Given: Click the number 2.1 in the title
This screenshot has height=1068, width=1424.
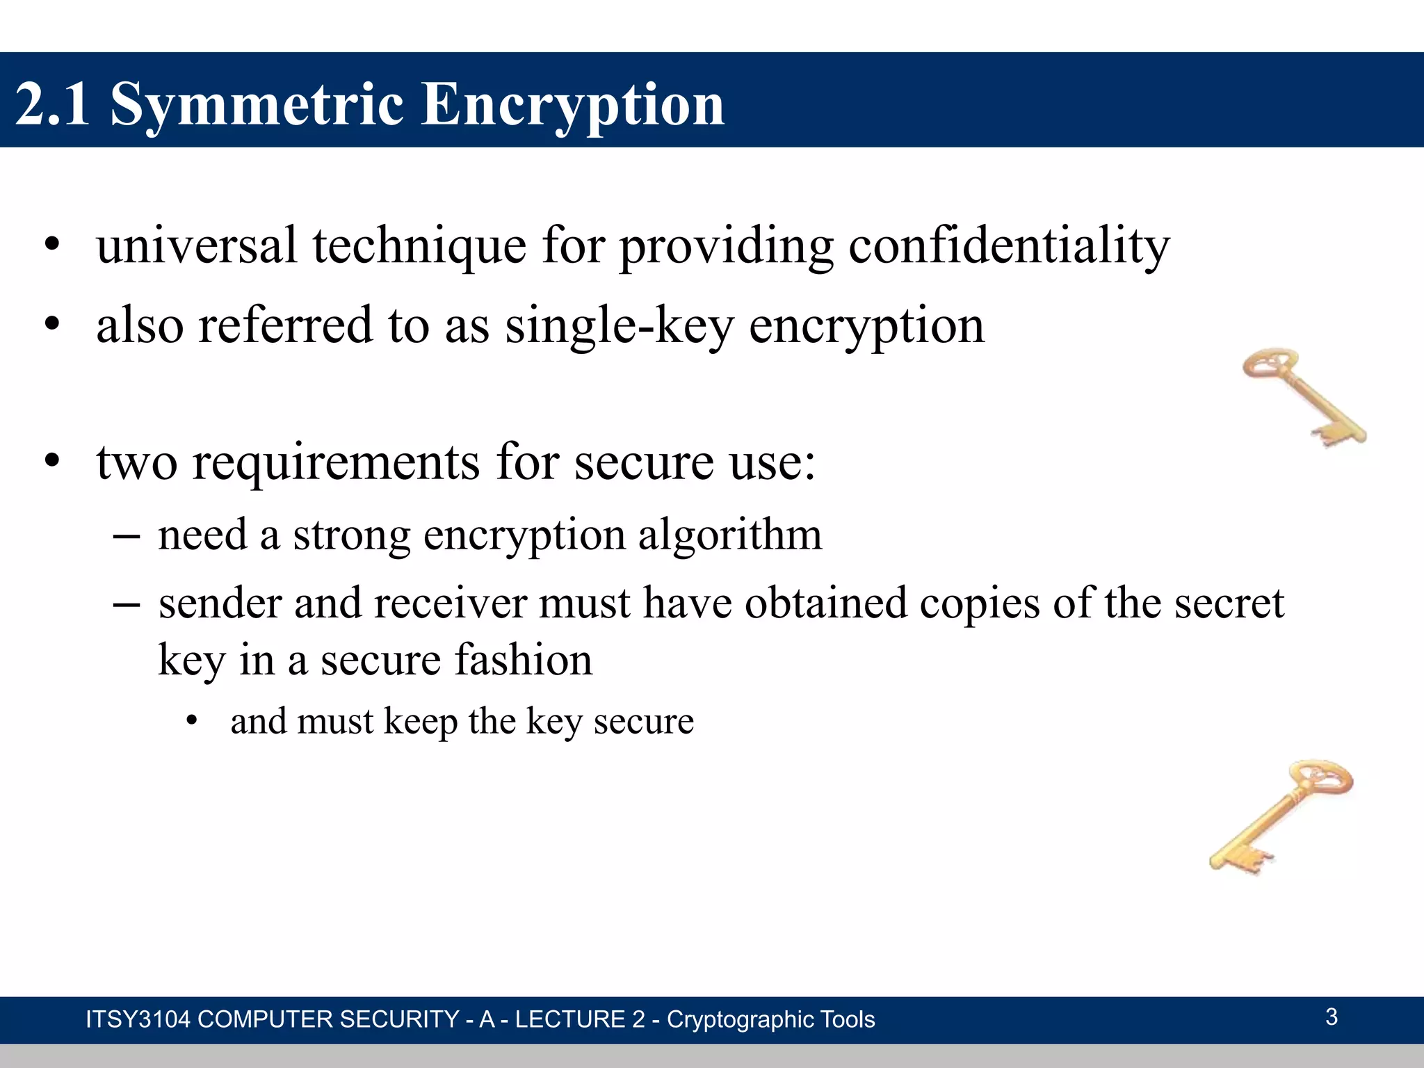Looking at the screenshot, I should (53, 104).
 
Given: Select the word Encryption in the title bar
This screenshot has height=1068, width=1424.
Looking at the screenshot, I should (573, 104).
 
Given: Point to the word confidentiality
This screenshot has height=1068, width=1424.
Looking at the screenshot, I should (1009, 246).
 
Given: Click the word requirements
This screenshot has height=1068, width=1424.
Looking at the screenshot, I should (336, 462).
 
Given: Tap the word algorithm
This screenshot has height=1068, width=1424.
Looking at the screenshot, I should (729, 535).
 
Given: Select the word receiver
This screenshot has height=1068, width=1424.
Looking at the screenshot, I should (450, 603).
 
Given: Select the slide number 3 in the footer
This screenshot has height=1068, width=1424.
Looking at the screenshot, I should (1331, 1017).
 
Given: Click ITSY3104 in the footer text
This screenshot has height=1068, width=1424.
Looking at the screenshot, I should (138, 1019).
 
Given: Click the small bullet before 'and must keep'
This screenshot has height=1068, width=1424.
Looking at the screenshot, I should (192, 722).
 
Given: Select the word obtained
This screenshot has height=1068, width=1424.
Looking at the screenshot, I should (826, 603).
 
